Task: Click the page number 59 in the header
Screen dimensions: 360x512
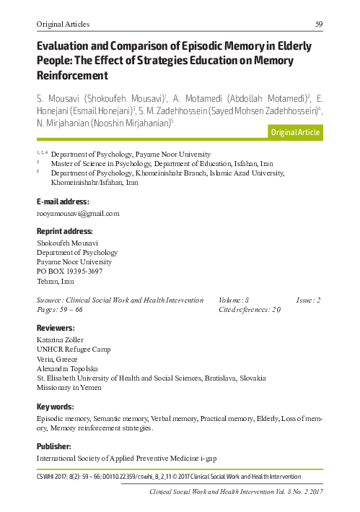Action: click(x=318, y=24)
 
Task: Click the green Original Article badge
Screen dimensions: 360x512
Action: click(x=295, y=132)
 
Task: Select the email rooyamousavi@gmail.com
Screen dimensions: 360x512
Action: click(x=77, y=213)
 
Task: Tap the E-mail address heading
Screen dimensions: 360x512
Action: click(x=63, y=201)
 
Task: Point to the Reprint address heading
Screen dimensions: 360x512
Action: click(x=64, y=231)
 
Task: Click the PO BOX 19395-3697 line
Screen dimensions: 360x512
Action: click(x=70, y=271)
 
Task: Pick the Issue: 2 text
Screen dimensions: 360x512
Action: click(x=309, y=299)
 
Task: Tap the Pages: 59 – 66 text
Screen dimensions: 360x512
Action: click(x=59, y=308)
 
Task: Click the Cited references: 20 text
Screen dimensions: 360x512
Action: click(x=250, y=308)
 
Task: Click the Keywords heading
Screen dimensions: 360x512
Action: click(x=55, y=405)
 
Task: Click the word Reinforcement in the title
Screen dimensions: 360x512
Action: click(x=72, y=74)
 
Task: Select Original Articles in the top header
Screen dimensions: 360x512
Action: click(x=63, y=24)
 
